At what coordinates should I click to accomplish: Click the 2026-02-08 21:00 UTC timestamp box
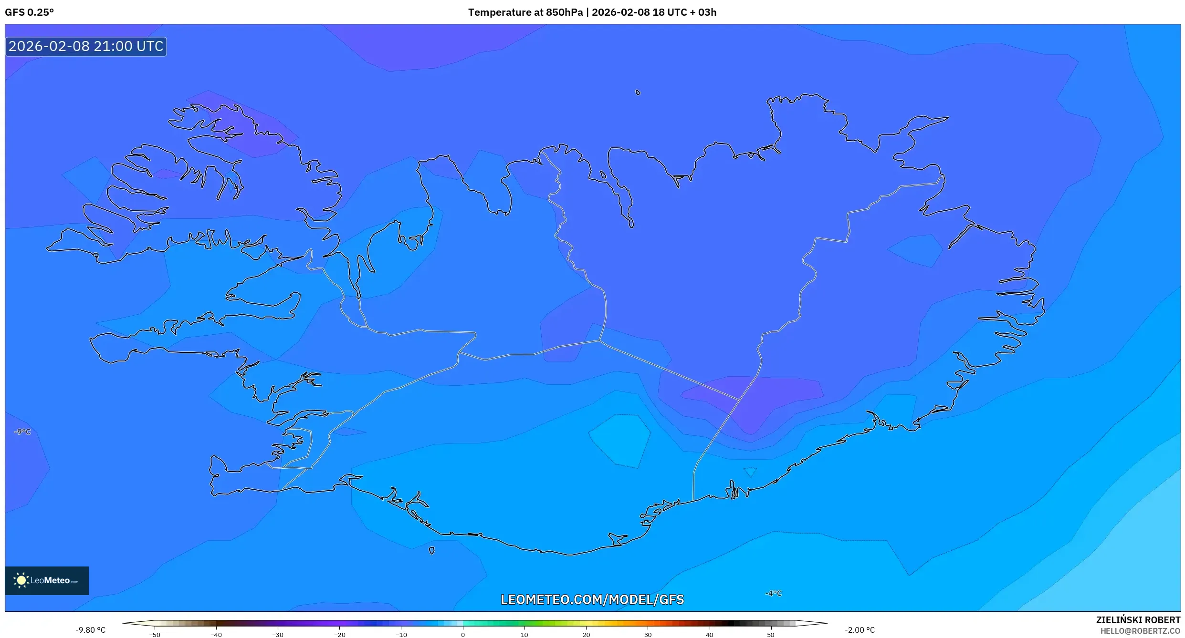coord(86,46)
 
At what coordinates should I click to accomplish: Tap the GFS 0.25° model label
coord(29,12)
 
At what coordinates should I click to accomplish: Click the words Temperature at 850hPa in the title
coord(525,12)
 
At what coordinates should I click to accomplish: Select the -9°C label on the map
coord(22,432)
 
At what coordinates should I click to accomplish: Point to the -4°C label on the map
coord(773,593)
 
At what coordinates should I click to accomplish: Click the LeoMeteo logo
coord(47,580)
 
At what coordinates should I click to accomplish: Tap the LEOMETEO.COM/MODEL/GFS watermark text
coord(592,599)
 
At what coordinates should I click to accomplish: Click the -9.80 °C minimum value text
coord(90,630)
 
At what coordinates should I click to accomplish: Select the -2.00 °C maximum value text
coord(860,630)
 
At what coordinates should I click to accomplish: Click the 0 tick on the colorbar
coord(462,634)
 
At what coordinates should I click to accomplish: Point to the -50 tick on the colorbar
coord(155,634)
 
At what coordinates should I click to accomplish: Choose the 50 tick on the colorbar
coord(771,634)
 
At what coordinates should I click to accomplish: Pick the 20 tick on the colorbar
coord(586,634)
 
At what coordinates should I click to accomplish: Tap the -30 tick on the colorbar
coord(278,634)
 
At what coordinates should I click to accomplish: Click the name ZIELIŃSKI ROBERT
coord(1138,620)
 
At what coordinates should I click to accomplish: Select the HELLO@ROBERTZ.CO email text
coord(1140,631)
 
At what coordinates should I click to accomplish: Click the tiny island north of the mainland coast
coord(638,93)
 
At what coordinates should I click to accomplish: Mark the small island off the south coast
coord(431,550)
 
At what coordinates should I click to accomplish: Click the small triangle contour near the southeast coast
coord(750,472)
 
